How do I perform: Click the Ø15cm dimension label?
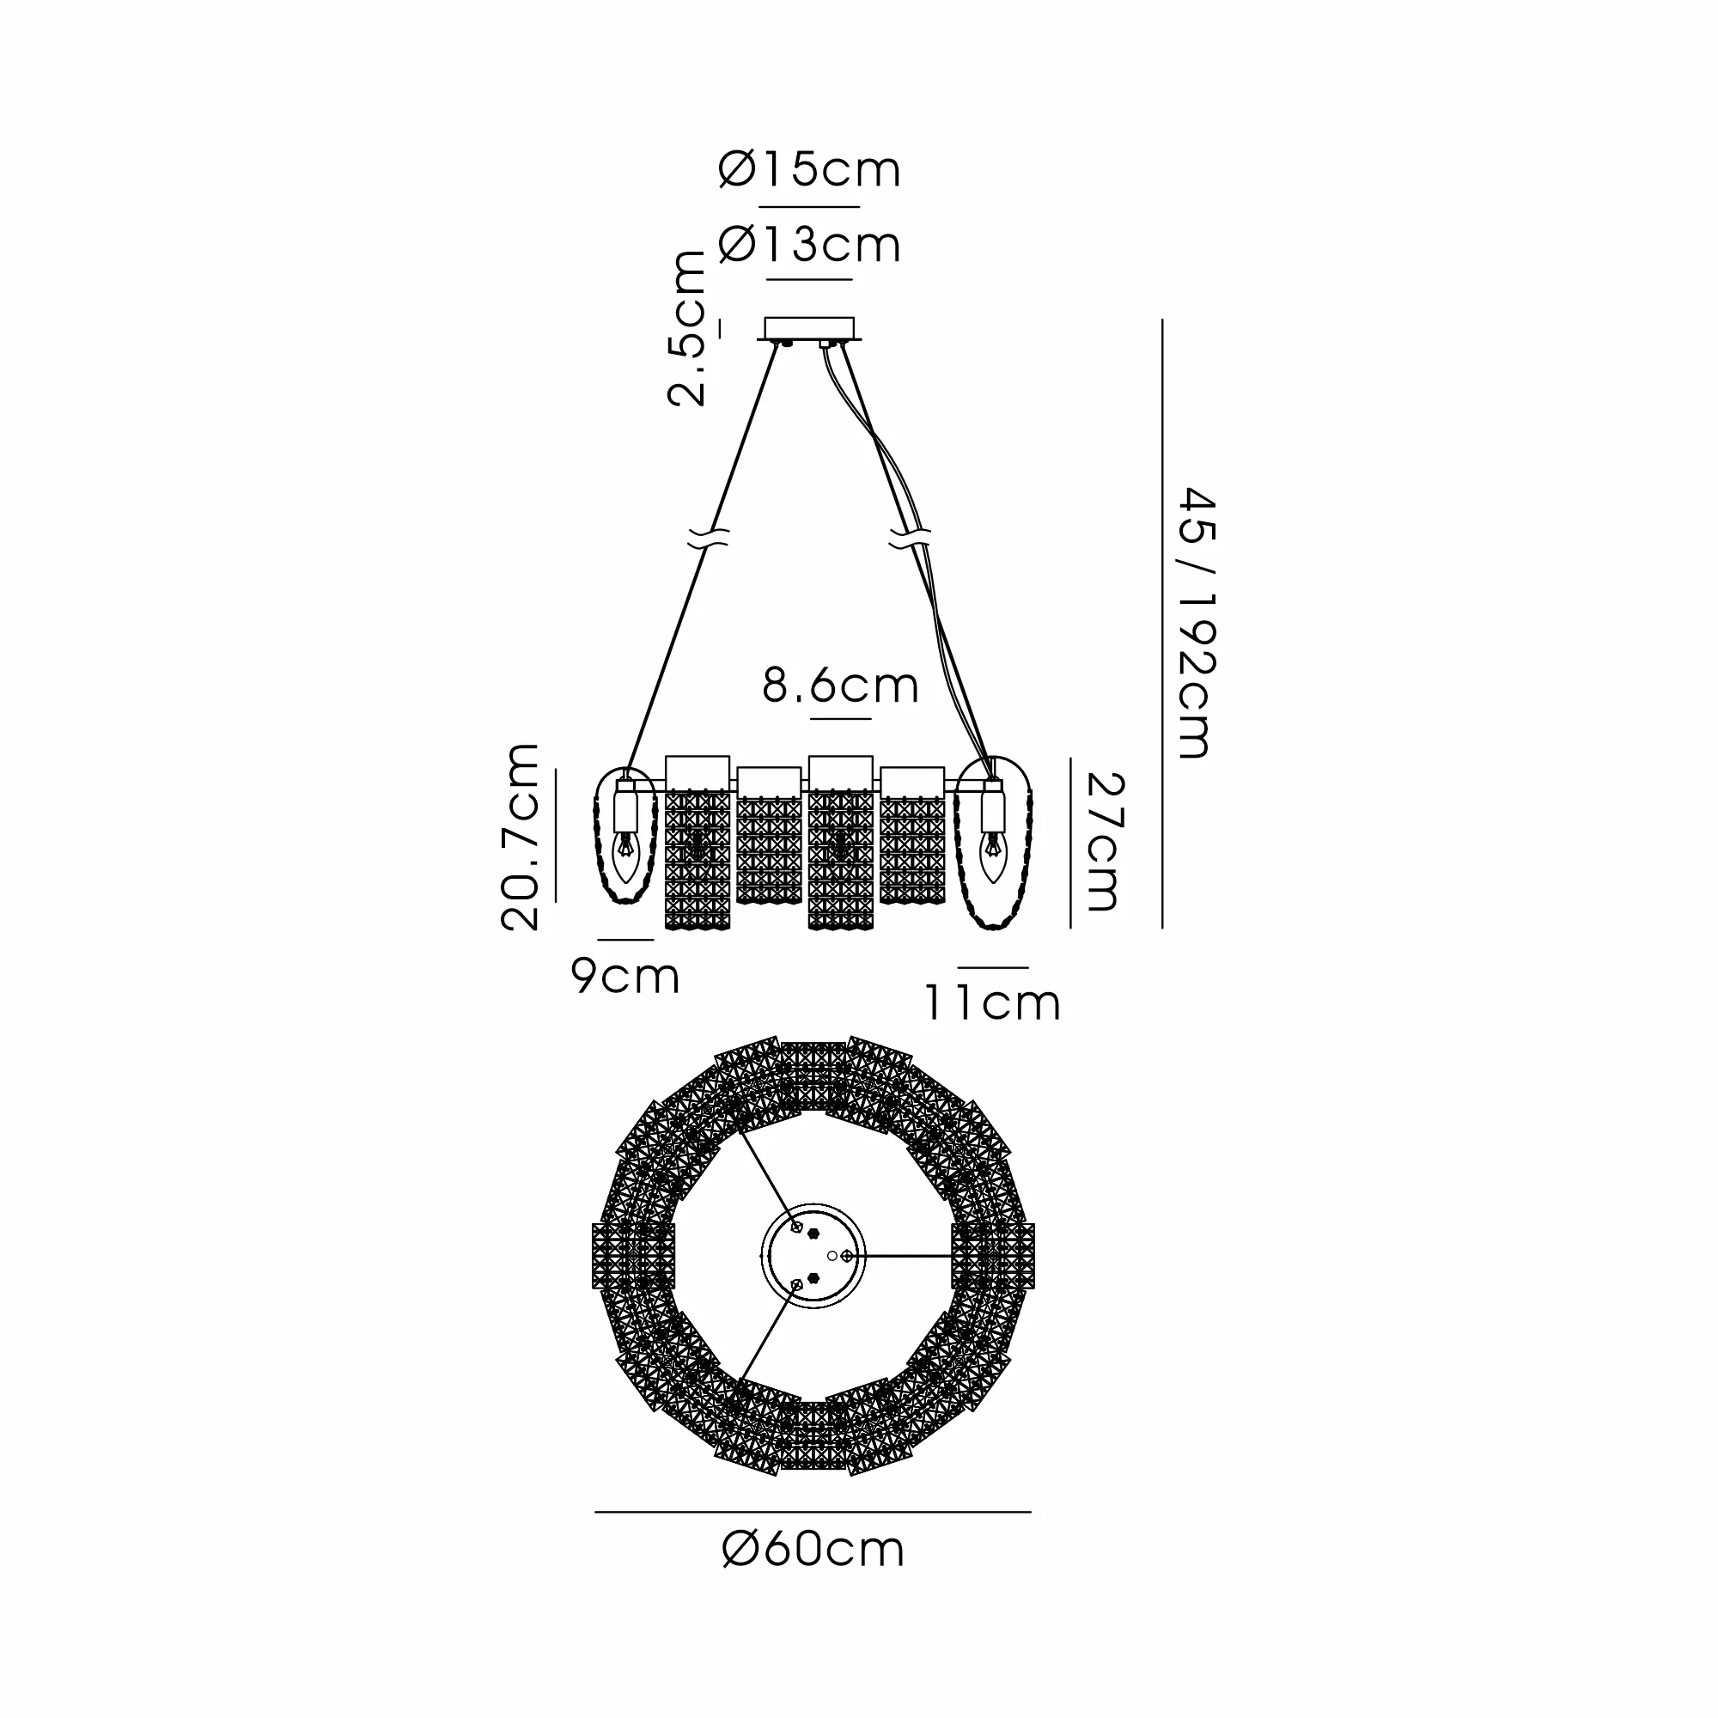(x=809, y=170)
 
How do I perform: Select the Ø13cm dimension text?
(x=809, y=245)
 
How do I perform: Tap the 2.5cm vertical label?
(x=687, y=328)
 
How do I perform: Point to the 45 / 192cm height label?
(x=1196, y=623)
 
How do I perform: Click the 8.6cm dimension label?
(x=840, y=685)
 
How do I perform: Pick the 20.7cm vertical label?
(x=521, y=837)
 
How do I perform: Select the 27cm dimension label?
(x=1106, y=841)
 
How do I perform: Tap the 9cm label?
(x=625, y=976)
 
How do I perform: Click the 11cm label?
(x=992, y=1003)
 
